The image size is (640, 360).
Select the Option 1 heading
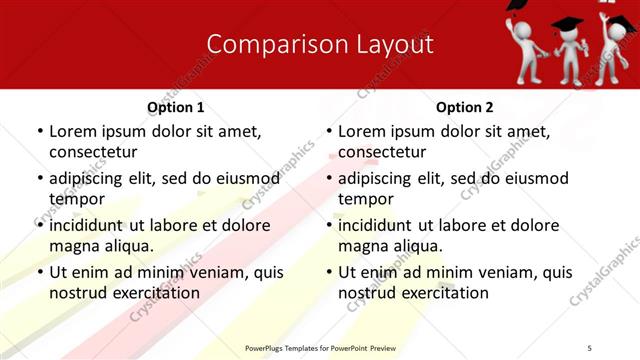coord(175,107)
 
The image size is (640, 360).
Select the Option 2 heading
coord(464,107)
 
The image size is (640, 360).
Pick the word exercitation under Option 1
coord(154,293)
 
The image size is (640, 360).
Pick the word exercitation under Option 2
coord(443,293)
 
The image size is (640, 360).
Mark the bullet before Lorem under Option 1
coord(39,132)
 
